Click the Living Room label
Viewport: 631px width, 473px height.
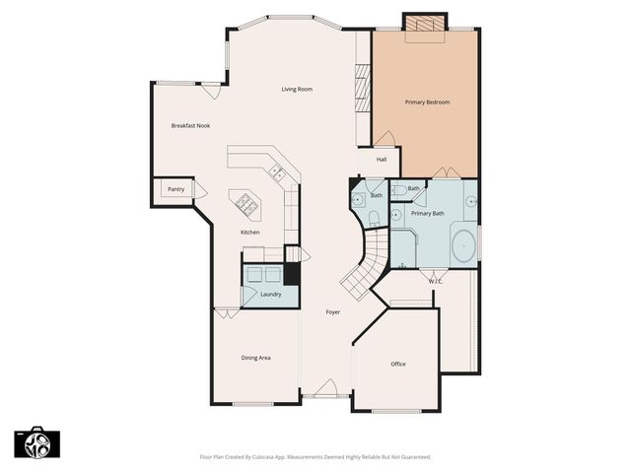(x=297, y=90)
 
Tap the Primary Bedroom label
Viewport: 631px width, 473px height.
(x=427, y=102)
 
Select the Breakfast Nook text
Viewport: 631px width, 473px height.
(x=190, y=125)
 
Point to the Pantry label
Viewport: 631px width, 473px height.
(x=175, y=189)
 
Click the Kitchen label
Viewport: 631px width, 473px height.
(x=250, y=232)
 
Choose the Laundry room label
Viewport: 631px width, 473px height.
(x=271, y=294)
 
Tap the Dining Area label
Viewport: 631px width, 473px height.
(x=256, y=358)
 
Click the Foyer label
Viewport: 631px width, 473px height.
(x=333, y=312)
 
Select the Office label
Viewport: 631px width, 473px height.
(x=398, y=364)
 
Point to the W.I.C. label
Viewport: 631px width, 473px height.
(x=435, y=282)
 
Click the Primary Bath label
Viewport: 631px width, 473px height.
(x=427, y=213)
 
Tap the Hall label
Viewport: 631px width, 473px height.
(x=381, y=159)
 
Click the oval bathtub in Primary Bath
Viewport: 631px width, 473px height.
(x=462, y=244)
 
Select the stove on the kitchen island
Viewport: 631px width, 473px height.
(x=244, y=204)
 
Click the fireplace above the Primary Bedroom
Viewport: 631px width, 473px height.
(x=425, y=23)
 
